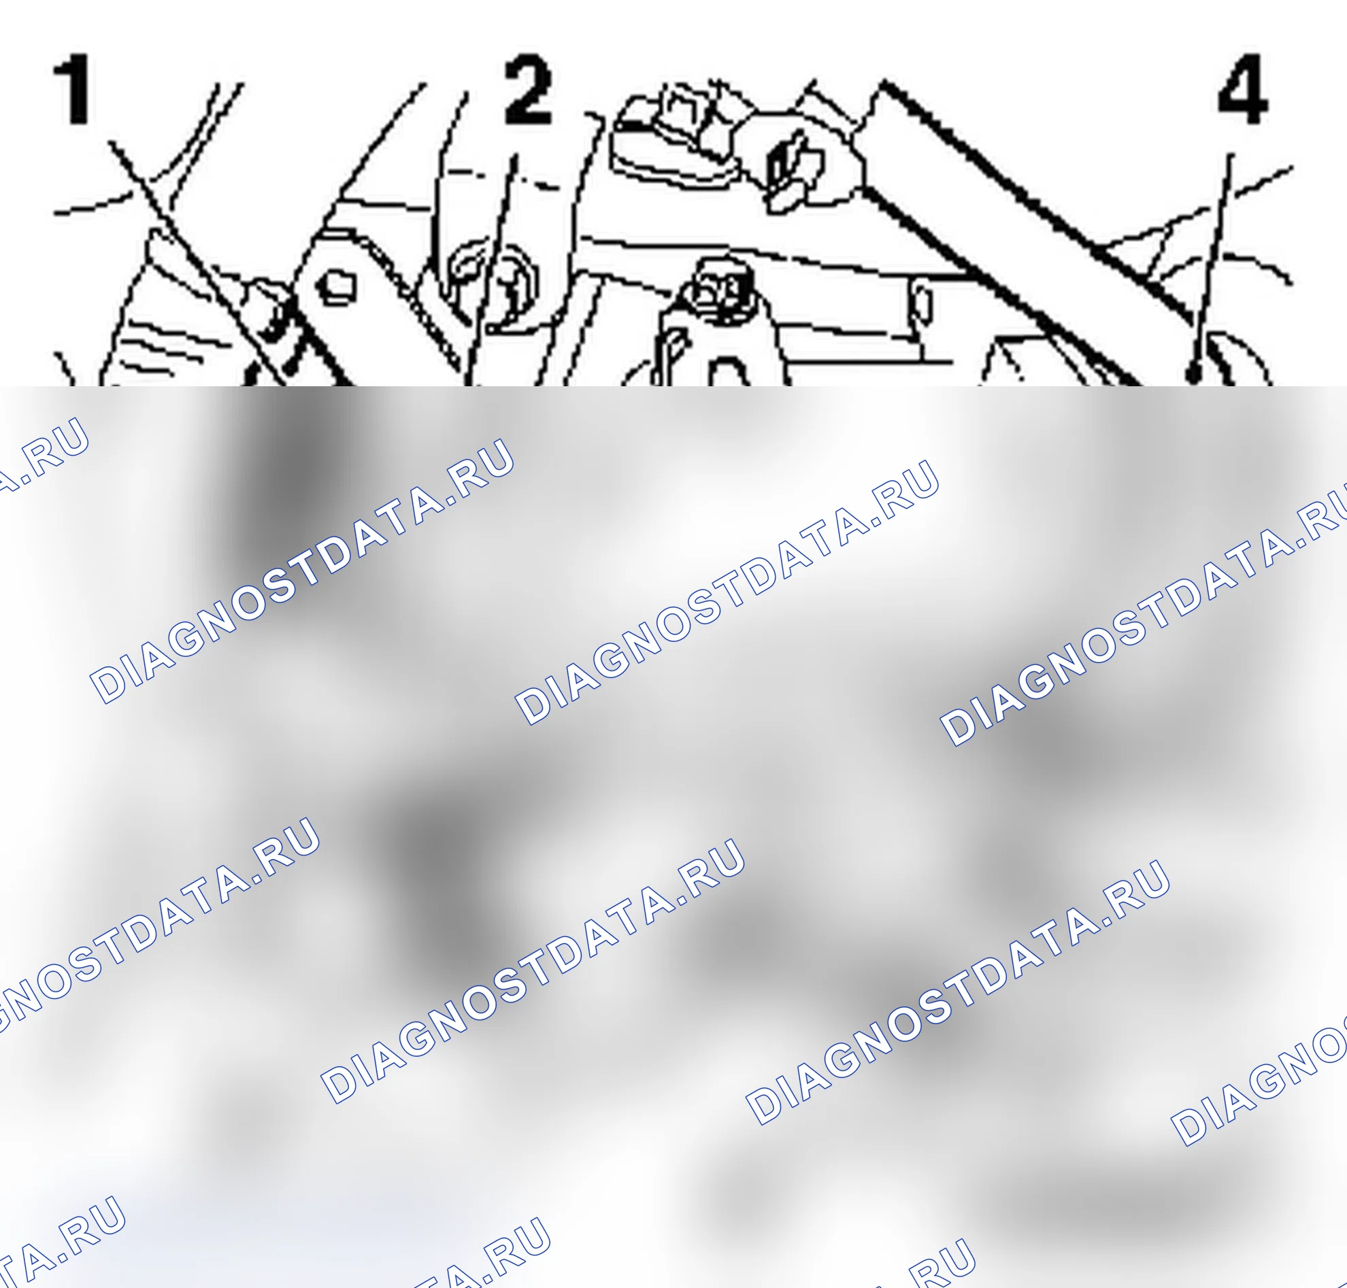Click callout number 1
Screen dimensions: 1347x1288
coord(72,89)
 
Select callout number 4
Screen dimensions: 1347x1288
coord(1243,89)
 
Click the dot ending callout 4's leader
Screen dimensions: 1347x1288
coord(1194,374)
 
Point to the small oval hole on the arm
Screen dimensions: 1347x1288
coord(923,305)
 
